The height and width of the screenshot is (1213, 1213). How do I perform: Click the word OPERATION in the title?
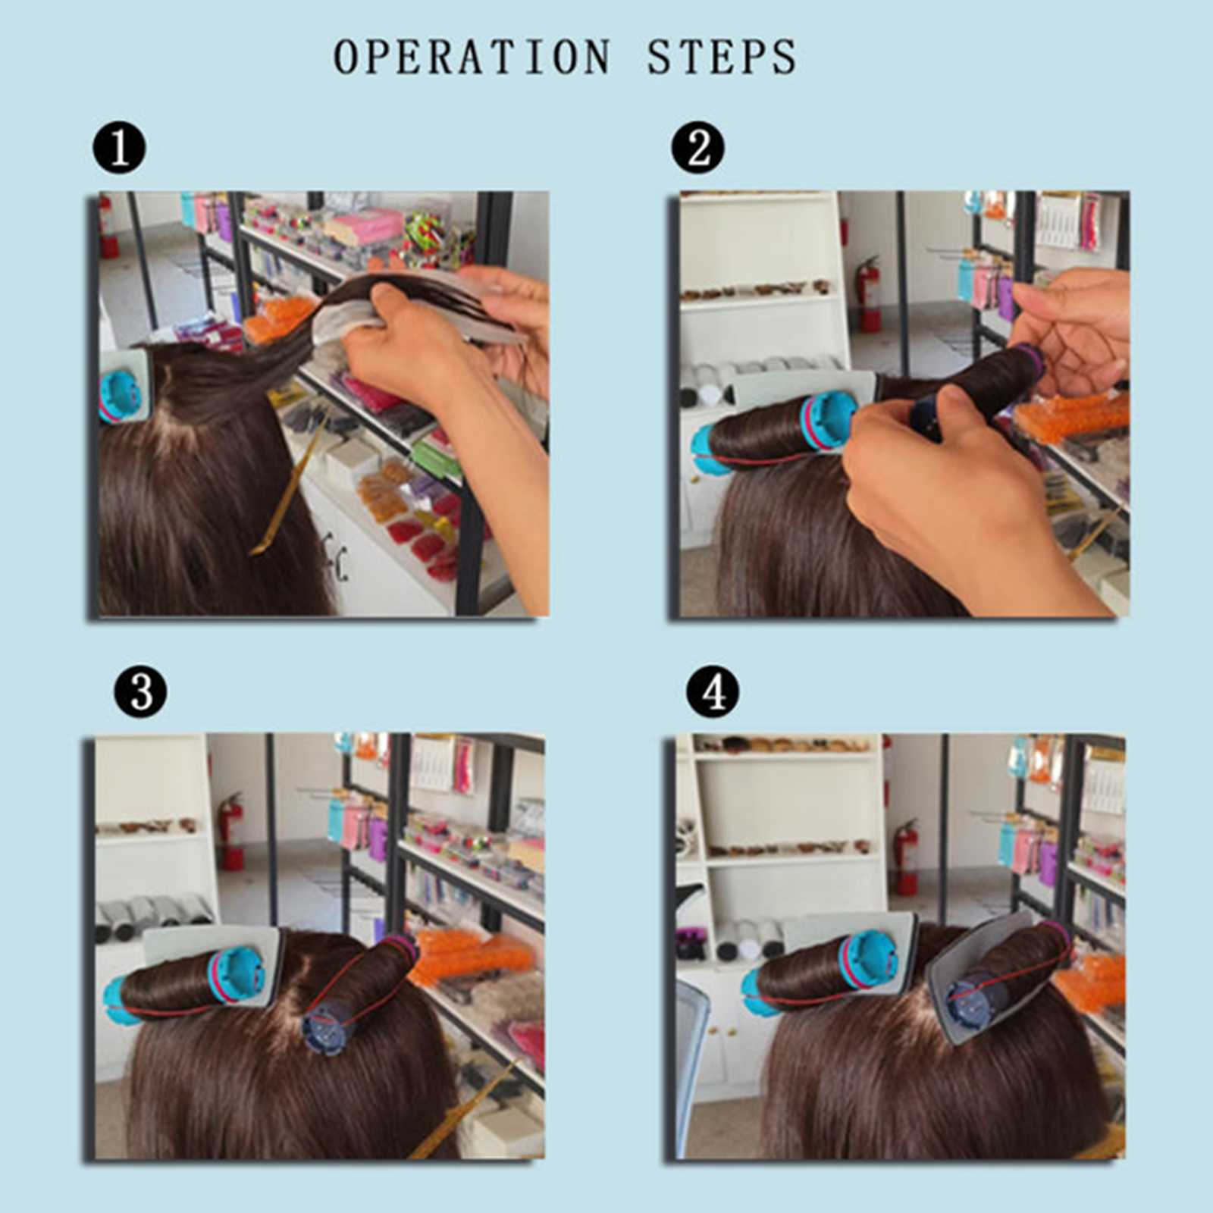pos(472,57)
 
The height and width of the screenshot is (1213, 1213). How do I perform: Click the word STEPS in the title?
pos(721,57)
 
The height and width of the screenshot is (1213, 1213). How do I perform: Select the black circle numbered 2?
pos(697,147)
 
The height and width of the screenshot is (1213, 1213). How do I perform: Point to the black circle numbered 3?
pos(140,691)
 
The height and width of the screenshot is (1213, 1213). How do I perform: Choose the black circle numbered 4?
pos(712,691)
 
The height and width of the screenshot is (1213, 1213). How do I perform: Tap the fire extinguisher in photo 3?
pos(231,832)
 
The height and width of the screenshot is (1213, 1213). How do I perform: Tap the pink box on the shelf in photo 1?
pos(366,226)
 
